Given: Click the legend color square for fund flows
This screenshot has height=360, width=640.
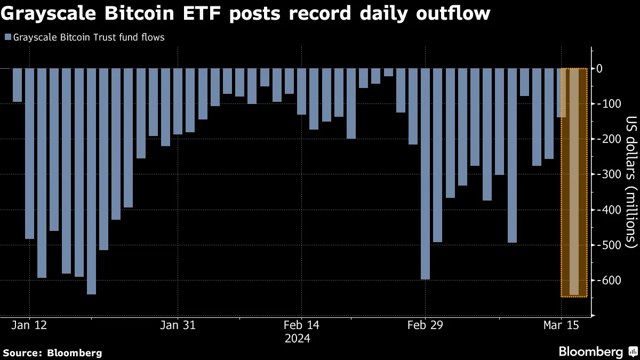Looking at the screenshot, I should point(7,37).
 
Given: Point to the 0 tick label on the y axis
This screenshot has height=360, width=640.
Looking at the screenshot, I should point(614,68).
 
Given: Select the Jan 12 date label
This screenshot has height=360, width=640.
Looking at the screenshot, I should point(29,325).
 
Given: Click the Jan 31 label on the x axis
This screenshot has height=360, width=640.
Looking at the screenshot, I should point(178,325).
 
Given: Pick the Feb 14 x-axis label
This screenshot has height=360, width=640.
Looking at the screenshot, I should point(301,325).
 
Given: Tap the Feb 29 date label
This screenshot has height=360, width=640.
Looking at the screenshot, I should point(425,325).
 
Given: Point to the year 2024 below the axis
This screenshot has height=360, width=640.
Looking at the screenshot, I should point(301,339).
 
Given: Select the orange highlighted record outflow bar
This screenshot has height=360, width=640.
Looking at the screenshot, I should point(574,181).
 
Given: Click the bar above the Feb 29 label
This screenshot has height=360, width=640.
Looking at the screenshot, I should point(425,173).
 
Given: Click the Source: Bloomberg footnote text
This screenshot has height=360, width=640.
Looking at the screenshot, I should point(52,353).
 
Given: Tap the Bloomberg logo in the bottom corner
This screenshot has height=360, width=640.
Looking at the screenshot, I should point(597,352).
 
